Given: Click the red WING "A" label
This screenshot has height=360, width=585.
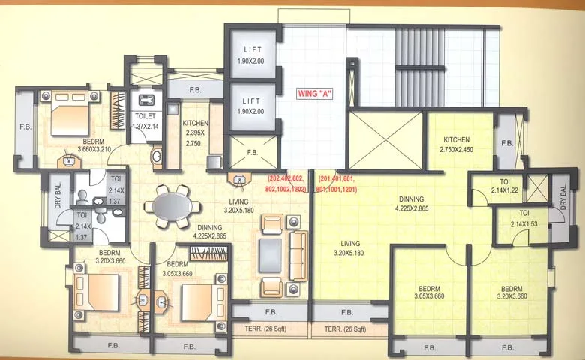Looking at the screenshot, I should point(314,94).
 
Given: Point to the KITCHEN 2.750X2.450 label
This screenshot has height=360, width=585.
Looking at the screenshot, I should point(456,145).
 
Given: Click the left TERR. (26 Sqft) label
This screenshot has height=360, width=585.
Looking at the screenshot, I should point(268,329).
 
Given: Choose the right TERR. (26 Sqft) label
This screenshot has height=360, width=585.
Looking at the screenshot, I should point(346,329).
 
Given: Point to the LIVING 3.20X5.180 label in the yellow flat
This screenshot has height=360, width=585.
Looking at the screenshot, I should point(349,248).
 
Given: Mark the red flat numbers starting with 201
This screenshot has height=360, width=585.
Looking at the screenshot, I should point(337,184).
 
